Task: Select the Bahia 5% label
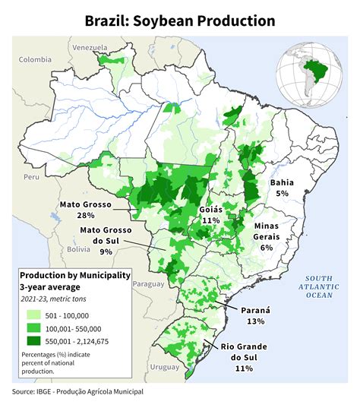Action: (x=282, y=188)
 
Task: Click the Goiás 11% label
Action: (x=210, y=214)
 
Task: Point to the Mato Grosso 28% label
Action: (x=85, y=210)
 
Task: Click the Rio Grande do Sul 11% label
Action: (x=244, y=357)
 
